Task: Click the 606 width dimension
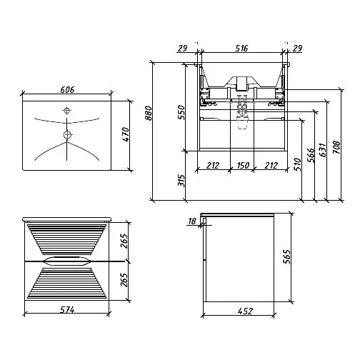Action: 67,90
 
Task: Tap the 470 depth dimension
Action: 126,134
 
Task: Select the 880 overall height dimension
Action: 148,113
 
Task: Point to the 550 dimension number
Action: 181,112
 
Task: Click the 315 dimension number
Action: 181,181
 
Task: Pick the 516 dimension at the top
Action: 241,49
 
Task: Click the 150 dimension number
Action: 243,165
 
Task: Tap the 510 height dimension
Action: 297,164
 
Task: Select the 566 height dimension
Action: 310,155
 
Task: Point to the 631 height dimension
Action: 322,150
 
